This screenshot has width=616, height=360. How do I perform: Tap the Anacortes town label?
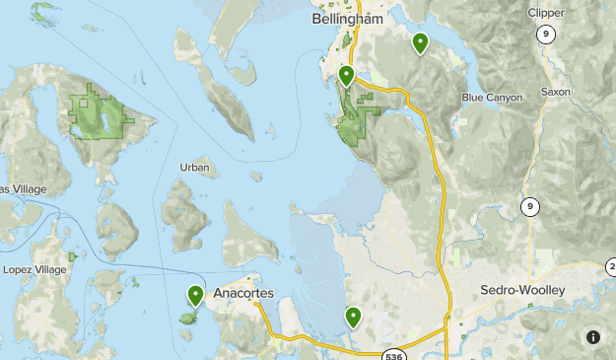[x=242, y=292]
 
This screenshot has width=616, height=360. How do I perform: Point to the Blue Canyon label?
[x=493, y=98]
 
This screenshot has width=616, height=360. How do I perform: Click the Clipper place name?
[x=545, y=13]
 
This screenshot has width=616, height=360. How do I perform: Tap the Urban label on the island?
[x=195, y=168]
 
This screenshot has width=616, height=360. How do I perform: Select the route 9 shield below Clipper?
[x=544, y=34]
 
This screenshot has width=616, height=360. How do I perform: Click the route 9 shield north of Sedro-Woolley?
[x=530, y=206]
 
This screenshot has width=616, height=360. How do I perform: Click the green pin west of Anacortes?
[x=195, y=294]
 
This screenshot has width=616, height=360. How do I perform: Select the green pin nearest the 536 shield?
[x=352, y=317]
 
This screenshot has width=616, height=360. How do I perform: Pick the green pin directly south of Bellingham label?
[x=346, y=75]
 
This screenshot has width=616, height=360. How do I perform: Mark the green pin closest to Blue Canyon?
[x=420, y=42]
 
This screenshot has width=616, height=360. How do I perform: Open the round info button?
[x=592, y=336]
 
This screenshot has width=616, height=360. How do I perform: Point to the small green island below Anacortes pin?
[x=187, y=319]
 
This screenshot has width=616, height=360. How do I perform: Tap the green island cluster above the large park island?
[x=43, y=13]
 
